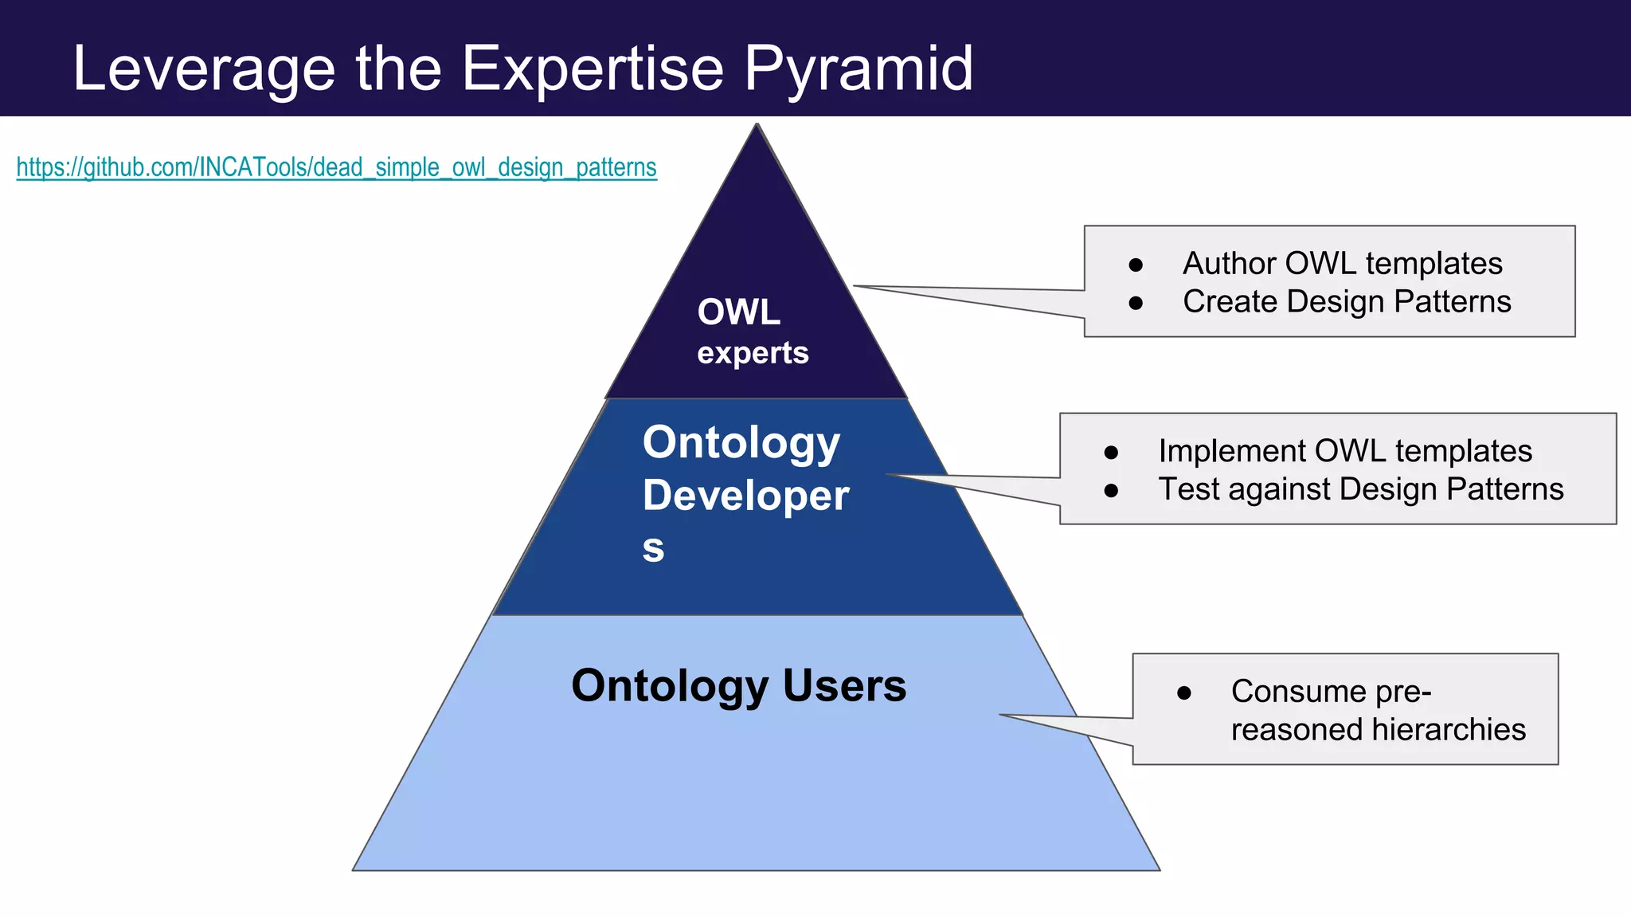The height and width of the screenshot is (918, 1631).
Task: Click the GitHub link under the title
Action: point(336,167)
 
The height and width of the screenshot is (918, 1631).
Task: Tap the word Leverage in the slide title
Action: point(204,69)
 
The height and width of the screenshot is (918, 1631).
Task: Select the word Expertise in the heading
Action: point(593,69)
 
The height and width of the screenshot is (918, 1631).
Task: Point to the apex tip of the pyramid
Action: point(757,125)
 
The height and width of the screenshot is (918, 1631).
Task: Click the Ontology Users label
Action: point(738,685)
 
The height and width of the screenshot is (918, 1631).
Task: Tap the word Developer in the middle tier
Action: point(745,495)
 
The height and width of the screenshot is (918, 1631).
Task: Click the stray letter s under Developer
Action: point(653,548)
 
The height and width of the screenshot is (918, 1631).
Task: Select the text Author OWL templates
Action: point(1342,263)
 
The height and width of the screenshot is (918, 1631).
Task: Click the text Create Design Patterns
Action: point(1346,301)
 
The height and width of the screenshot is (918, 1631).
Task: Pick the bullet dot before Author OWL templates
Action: point(1136,265)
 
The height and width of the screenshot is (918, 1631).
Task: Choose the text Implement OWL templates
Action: point(1344,450)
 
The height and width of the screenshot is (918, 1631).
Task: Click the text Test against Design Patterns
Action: point(1360,488)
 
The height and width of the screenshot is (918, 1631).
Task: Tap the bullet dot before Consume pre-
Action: point(1184,693)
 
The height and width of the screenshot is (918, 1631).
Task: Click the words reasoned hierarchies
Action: point(1378,729)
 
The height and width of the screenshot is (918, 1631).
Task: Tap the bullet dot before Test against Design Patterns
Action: point(1111,491)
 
